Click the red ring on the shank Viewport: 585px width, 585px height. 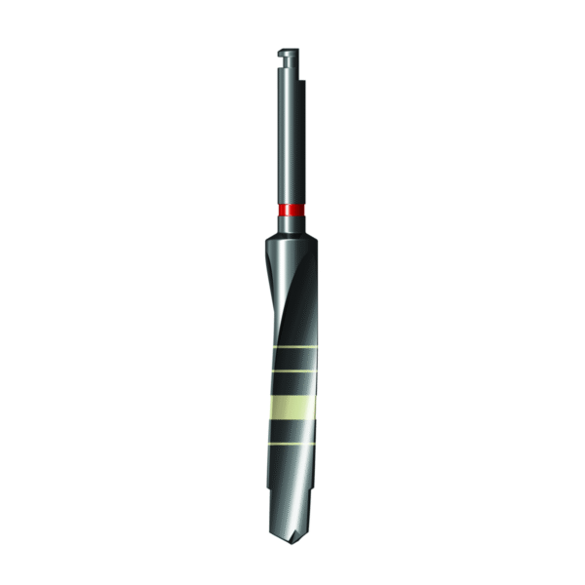click(x=290, y=210)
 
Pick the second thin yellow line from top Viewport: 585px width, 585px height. click(x=292, y=371)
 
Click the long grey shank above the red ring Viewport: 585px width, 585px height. click(x=290, y=146)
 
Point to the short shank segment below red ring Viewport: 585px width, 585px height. click(x=290, y=223)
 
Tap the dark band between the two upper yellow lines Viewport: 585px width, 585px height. click(x=293, y=360)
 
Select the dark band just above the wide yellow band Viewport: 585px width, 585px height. click(x=292, y=384)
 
